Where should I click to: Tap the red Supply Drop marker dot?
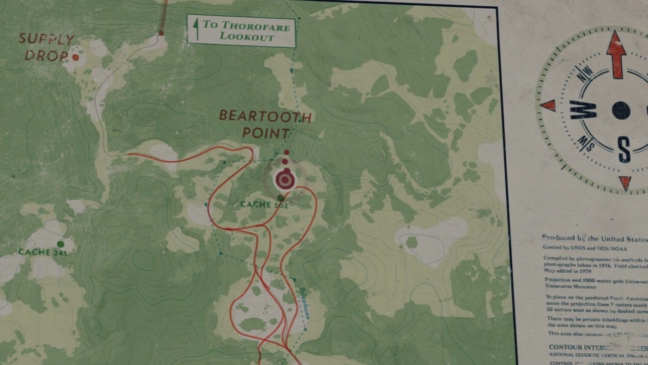pos(75,57)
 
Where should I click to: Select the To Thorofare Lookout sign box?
pos(241,31)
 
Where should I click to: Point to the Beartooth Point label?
pos(265,125)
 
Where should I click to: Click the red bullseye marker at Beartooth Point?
pos(285,179)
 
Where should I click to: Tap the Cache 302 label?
pos(264,205)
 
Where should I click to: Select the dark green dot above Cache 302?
pos(280,197)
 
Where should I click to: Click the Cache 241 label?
pos(42,252)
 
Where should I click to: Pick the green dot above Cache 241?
pos(61,244)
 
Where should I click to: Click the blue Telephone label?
pos(305,303)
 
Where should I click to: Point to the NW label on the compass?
pos(585,75)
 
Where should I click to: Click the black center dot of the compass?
pos(621,110)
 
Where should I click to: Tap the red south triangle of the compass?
pos(625,182)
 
